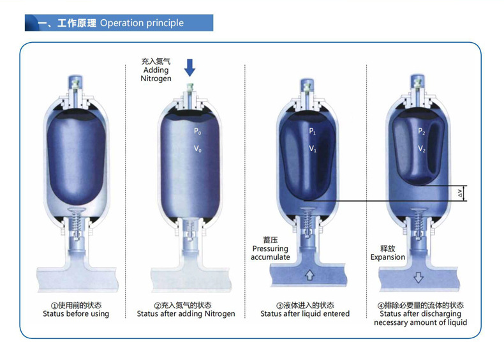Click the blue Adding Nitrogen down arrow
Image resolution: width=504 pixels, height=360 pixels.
pos(189,67)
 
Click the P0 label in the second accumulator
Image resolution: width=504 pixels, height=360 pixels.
pos(197,131)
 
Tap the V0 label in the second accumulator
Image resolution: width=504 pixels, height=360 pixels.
pos(197,149)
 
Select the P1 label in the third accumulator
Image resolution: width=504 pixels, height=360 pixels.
pos(313,131)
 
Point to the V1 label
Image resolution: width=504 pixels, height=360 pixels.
pos(313,149)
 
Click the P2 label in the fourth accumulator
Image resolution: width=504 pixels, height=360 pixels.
pos(422,131)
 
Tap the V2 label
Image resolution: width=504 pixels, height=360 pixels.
pos(422,149)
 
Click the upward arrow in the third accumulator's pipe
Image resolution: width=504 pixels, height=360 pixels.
pos(309,276)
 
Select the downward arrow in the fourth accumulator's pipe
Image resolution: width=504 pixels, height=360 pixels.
pos(418,277)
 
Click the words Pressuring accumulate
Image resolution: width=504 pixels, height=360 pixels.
pos(271,253)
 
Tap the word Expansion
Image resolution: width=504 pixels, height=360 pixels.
pos(388,257)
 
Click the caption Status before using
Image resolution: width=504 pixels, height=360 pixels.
pos(76,314)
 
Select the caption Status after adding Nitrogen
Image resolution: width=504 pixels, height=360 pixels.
pos(186,314)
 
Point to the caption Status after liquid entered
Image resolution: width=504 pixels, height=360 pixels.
pos(305,314)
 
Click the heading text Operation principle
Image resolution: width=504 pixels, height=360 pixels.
pos(142,23)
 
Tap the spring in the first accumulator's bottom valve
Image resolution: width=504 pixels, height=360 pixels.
pos(75,225)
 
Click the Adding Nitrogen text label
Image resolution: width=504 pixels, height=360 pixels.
pos(155,70)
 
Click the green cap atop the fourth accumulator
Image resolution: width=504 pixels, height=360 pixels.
pos(419,83)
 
